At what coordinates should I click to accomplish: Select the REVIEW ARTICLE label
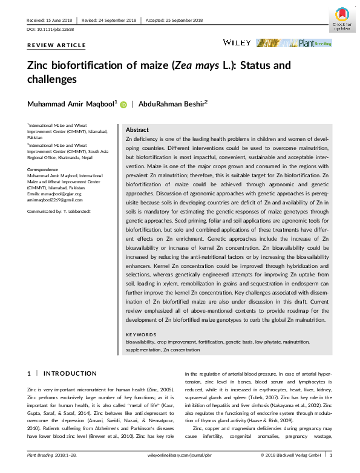point(56,45)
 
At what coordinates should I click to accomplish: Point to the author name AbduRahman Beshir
point(174,103)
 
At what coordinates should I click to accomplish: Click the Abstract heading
point(137,130)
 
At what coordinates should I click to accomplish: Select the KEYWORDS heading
point(140,334)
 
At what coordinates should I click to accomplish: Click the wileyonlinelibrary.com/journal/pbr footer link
point(180,454)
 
